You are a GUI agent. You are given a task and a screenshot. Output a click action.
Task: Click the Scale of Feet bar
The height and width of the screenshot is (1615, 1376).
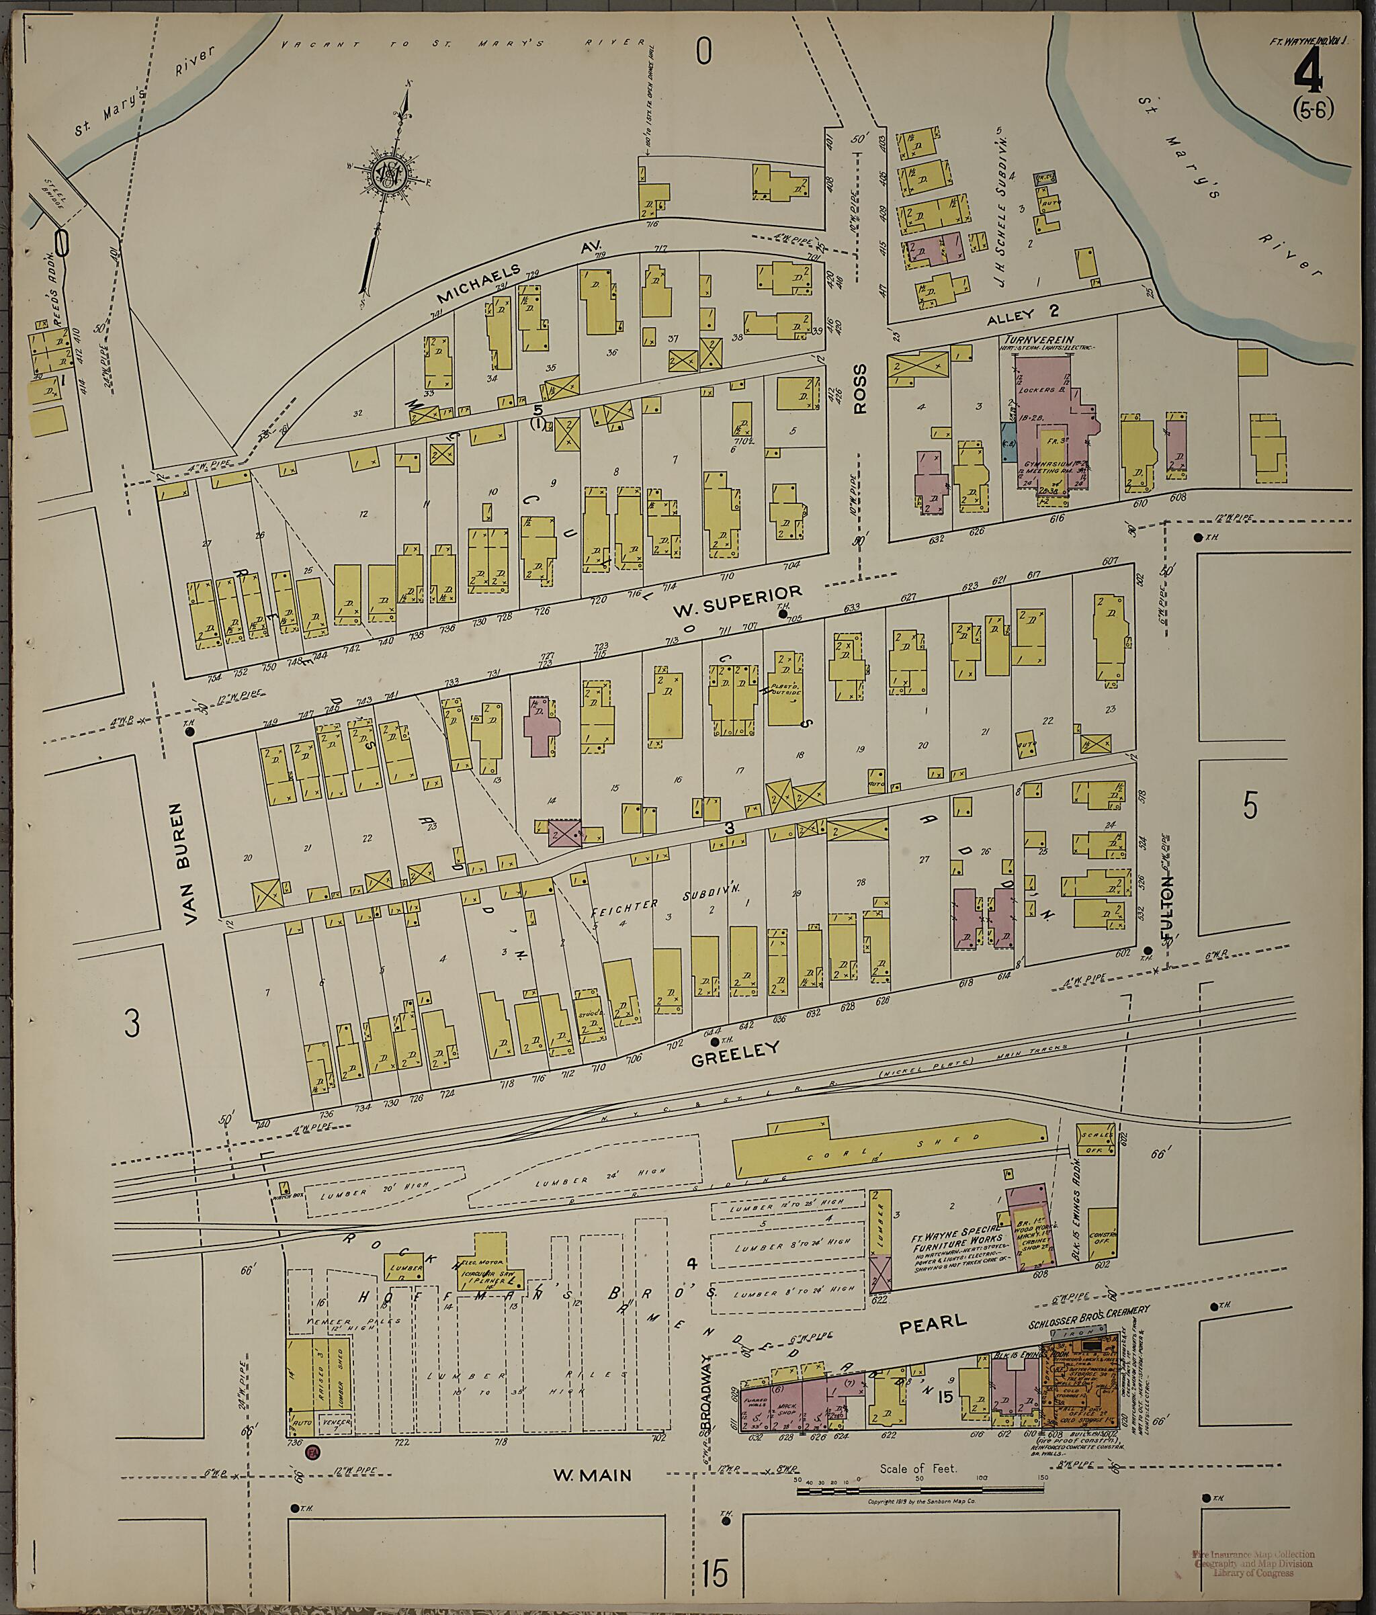[916, 1490]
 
